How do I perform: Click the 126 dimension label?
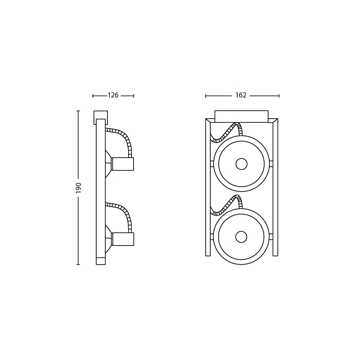[x=113, y=95]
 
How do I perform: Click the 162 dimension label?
[x=241, y=95]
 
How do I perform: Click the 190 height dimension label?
[x=78, y=187]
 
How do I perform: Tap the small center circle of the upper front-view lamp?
[x=241, y=164]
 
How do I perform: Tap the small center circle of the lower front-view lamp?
[x=241, y=237]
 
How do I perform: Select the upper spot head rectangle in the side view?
[x=123, y=164]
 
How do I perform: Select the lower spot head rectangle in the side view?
[x=123, y=239]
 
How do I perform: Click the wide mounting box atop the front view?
[x=241, y=116]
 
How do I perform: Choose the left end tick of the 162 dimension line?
[x=206, y=96]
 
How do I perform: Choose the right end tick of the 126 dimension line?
[x=134, y=96]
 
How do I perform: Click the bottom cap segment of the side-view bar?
[x=101, y=261]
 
